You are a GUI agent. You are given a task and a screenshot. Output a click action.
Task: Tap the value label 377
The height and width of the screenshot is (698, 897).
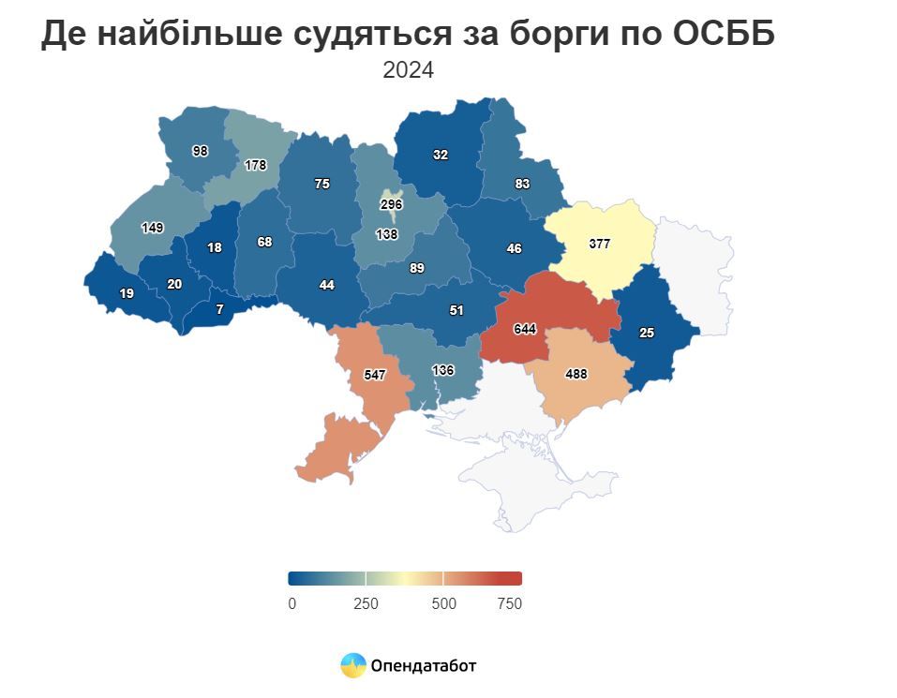(600, 244)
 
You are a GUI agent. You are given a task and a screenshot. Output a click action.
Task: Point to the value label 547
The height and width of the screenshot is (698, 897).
(375, 375)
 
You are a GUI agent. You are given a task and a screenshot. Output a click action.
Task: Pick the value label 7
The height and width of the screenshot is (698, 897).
(220, 308)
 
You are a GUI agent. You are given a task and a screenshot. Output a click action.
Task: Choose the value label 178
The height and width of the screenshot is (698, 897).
(255, 165)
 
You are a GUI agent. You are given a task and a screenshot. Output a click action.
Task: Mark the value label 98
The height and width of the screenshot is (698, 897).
(200, 151)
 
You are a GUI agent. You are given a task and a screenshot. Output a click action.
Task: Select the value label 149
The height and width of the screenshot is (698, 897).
(152, 228)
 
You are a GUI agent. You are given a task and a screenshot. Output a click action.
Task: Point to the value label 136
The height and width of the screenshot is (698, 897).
(443, 370)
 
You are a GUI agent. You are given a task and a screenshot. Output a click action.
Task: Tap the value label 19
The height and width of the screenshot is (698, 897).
(126, 293)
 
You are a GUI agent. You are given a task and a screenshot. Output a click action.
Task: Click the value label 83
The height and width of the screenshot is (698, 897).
(522, 185)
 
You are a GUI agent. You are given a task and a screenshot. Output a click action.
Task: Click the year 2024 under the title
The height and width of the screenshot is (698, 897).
(408, 70)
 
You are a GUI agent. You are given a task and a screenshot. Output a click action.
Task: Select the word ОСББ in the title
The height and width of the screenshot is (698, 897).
(724, 34)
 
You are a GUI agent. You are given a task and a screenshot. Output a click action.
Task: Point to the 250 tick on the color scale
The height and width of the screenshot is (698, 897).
(366, 603)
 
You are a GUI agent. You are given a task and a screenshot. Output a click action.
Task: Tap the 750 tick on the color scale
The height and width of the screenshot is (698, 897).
(509, 603)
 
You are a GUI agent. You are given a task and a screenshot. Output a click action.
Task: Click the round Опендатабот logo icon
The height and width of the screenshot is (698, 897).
(353, 665)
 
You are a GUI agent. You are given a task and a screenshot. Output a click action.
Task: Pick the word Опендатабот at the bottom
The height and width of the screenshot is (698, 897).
(424, 666)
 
